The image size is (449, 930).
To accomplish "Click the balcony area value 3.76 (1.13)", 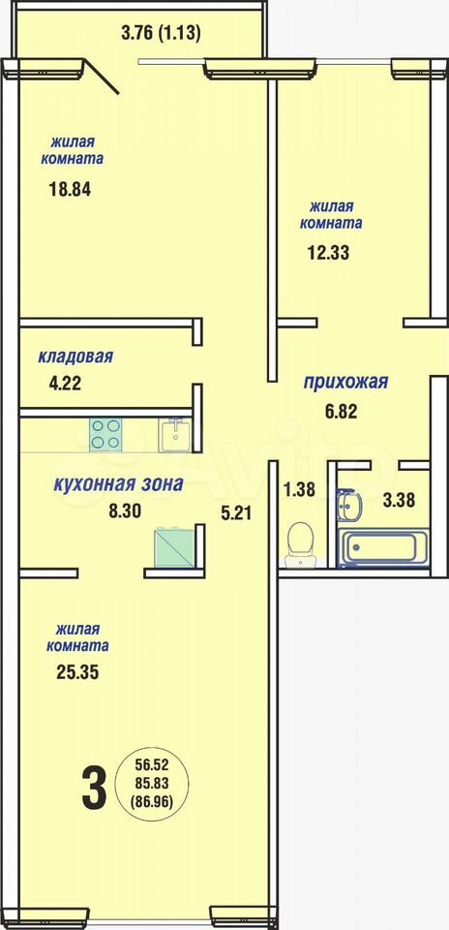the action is click(x=162, y=33).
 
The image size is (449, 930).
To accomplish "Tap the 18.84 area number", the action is click(x=70, y=191).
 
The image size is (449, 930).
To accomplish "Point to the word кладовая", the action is click(x=75, y=357).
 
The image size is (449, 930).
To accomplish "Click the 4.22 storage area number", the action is click(x=65, y=383).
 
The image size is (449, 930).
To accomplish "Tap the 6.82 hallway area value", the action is click(x=341, y=412).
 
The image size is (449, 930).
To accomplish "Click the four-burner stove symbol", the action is click(x=106, y=435).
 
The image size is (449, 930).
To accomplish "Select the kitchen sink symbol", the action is click(x=175, y=435).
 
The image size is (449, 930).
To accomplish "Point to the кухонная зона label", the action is click(x=118, y=484).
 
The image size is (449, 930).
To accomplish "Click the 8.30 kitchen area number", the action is click(x=125, y=511).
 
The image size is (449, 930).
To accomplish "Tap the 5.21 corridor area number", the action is click(x=236, y=513).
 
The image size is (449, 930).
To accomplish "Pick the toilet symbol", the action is click(x=300, y=543).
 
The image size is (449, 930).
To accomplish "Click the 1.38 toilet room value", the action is click(x=299, y=489).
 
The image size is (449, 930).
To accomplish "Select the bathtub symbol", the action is click(x=383, y=549).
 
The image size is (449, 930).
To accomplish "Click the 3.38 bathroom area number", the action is click(x=399, y=500).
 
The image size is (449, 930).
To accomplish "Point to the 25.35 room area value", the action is click(x=77, y=672).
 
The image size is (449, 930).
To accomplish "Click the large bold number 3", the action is click(x=95, y=789).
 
